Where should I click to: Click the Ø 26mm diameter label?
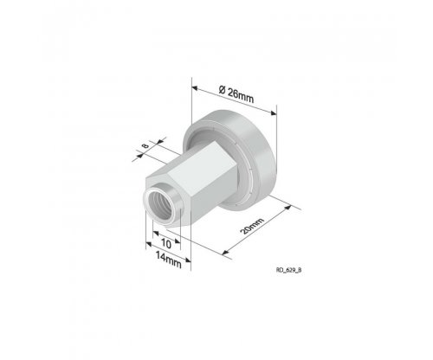tap(236, 94)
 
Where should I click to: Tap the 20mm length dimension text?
tap(252, 226)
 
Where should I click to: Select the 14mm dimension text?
tap(169, 260)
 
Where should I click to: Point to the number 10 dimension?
tap(166, 244)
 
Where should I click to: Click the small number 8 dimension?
tap(145, 145)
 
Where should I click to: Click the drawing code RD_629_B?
tap(289, 270)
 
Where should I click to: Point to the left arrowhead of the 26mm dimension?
tap(195, 88)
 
